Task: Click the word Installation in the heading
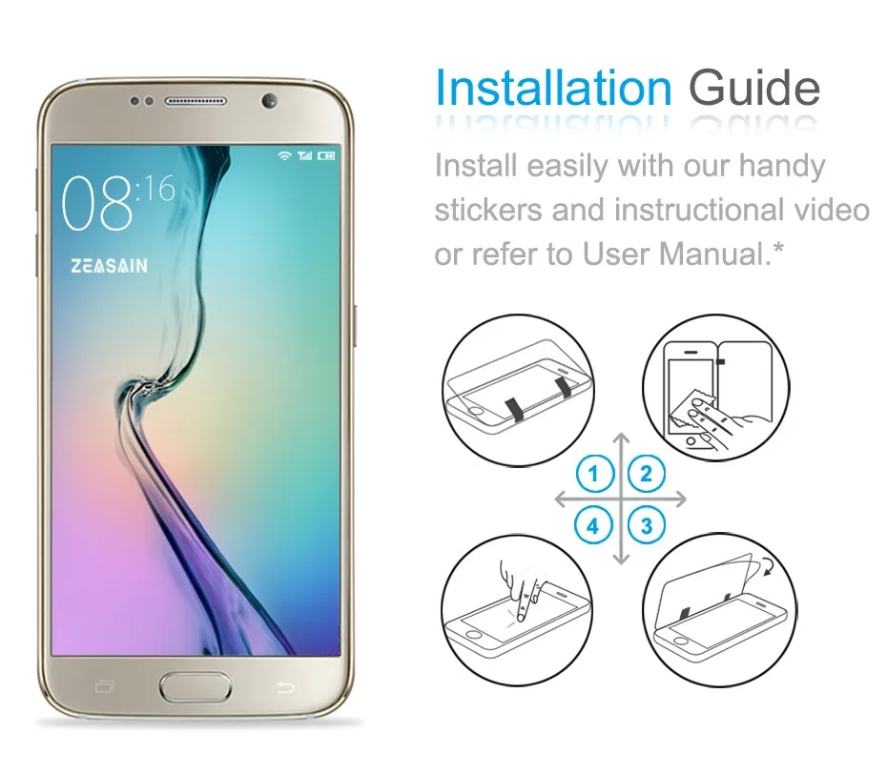pos(553,89)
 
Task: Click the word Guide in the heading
pos(753,89)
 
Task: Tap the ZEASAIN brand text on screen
pos(109,267)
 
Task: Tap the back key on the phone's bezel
pos(282,686)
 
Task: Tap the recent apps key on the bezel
pos(105,686)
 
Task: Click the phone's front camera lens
pos(268,101)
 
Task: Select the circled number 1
pos(593,473)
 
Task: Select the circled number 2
pos(647,473)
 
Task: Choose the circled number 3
pos(647,524)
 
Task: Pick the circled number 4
pos(593,524)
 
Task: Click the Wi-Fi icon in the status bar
pos(283,155)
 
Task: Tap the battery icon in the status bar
pos(327,155)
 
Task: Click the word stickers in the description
pos(488,210)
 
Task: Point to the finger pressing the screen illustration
pos(520,586)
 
